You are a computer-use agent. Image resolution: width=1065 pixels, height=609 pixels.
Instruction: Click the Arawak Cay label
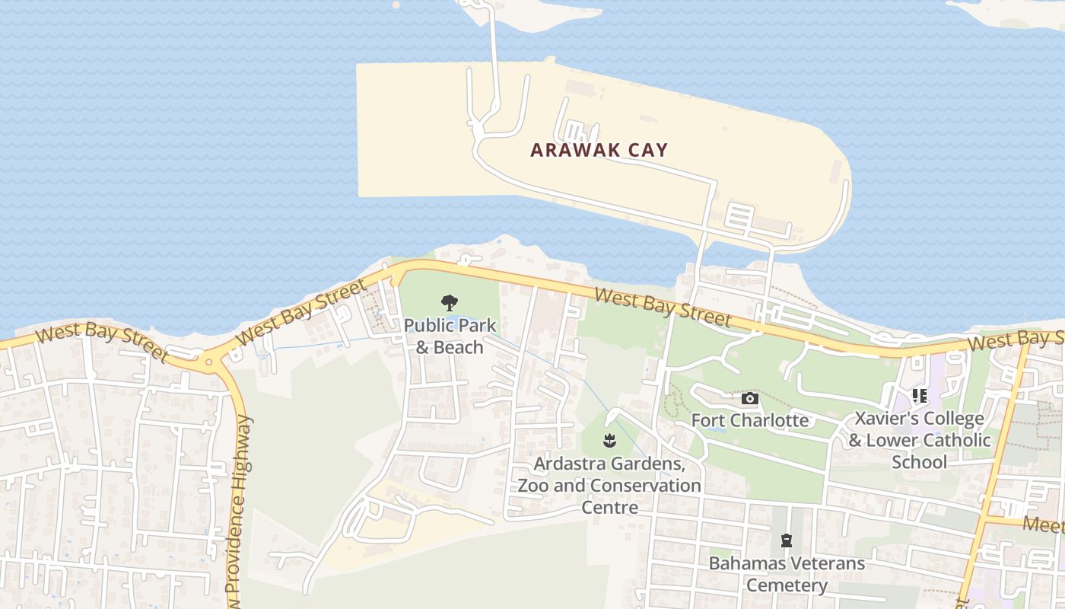click(x=599, y=150)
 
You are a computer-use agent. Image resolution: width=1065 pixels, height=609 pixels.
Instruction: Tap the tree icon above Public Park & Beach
click(x=450, y=303)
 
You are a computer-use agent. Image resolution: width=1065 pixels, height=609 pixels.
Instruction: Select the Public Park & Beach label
click(x=450, y=336)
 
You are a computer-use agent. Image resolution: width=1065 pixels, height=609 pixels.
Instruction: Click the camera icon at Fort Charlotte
click(x=749, y=399)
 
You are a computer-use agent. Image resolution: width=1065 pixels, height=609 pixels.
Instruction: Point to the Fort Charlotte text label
click(x=749, y=420)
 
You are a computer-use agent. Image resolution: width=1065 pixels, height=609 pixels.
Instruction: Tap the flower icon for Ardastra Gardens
click(x=609, y=441)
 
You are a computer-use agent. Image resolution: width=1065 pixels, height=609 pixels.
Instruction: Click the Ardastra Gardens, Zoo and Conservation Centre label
click(x=609, y=485)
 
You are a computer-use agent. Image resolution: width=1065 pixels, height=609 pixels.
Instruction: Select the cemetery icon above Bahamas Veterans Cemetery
click(x=787, y=541)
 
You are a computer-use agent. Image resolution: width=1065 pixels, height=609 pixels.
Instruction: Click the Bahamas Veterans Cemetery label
click(x=787, y=574)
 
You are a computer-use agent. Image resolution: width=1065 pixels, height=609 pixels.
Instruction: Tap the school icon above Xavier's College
click(x=919, y=396)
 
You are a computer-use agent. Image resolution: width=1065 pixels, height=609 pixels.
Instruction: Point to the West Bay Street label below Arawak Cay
click(x=663, y=307)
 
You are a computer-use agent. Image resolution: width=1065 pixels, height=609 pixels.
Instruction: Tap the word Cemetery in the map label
click(x=787, y=585)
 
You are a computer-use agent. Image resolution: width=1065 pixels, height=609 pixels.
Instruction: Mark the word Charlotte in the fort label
click(x=771, y=420)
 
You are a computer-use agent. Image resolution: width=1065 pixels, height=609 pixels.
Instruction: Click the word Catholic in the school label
click(x=955, y=440)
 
